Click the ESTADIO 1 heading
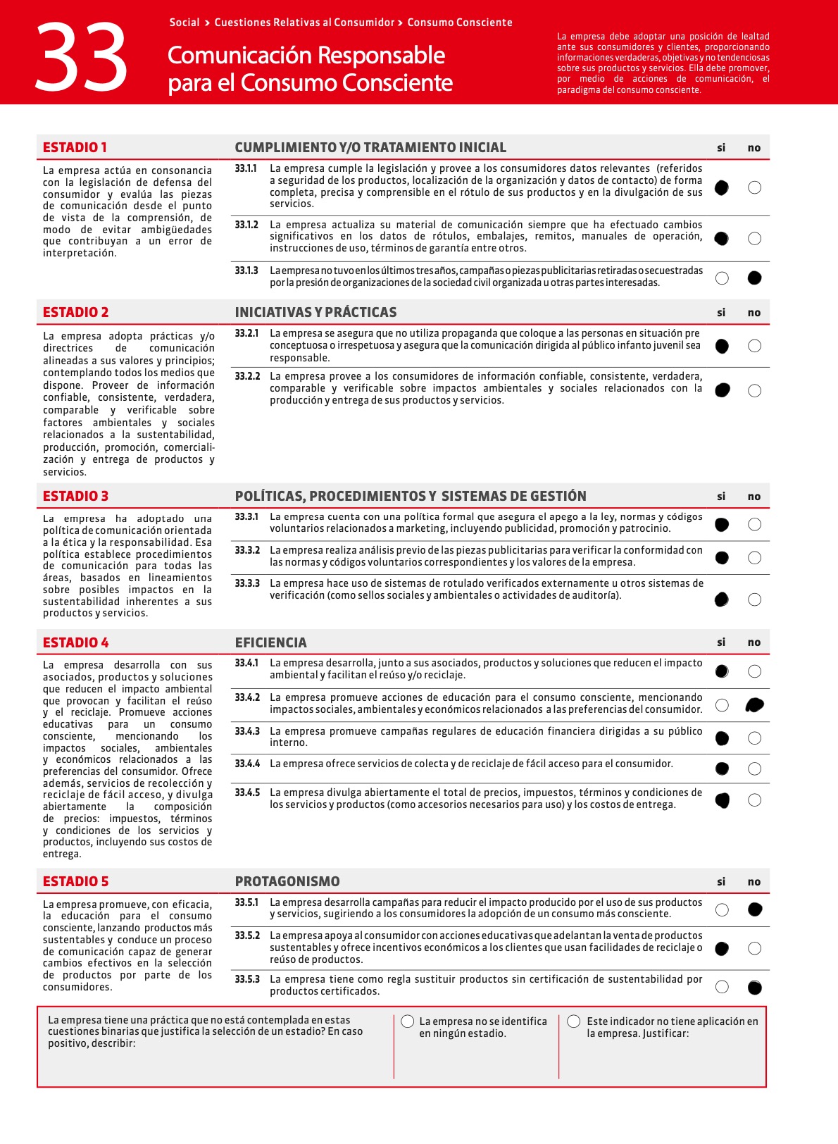(x=75, y=147)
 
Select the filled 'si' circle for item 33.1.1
(x=721, y=187)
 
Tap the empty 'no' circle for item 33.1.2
(x=754, y=239)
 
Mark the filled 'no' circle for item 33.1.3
(x=754, y=278)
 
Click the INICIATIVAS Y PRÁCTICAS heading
(x=315, y=312)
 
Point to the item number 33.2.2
(x=246, y=377)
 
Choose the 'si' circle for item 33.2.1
(x=721, y=346)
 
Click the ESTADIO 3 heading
(x=75, y=496)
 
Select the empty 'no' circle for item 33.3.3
(x=754, y=599)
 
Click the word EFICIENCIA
(x=270, y=642)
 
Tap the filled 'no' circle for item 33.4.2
(x=754, y=705)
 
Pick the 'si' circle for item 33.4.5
(x=721, y=800)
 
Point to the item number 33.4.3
(x=246, y=731)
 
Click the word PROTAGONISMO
(x=287, y=881)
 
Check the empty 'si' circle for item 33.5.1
(x=721, y=909)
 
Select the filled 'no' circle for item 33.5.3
(x=754, y=987)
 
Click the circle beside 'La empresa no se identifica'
(x=407, y=1021)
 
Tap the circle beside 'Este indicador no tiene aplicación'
(x=573, y=1021)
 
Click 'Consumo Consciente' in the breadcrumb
(x=459, y=23)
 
